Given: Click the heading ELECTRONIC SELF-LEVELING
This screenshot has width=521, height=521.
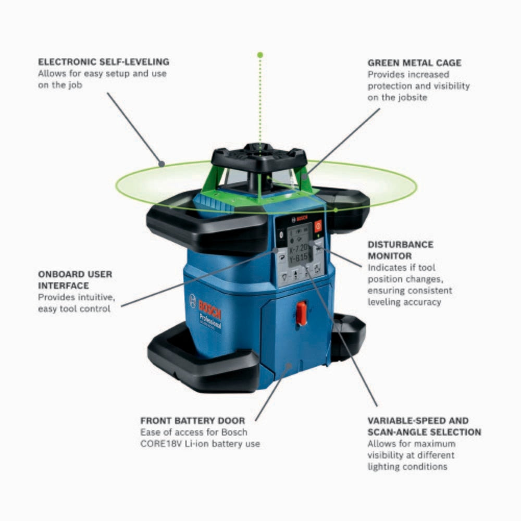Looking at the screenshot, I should pyautogui.click(x=103, y=62).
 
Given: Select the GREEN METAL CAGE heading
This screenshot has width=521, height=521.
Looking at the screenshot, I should pyautogui.click(x=414, y=63).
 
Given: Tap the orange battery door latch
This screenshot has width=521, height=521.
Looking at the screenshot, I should pyautogui.click(x=302, y=313).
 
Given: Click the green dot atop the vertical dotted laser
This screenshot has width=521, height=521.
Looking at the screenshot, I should pyautogui.click(x=260, y=55).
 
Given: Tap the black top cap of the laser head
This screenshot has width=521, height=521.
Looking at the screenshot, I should pyautogui.click(x=259, y=156).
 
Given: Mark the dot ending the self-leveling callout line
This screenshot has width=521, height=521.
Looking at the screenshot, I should pyautogui.click(x=162, y=164).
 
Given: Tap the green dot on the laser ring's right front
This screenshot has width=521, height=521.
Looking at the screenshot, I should pyautogui.click(x=336, y=210).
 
